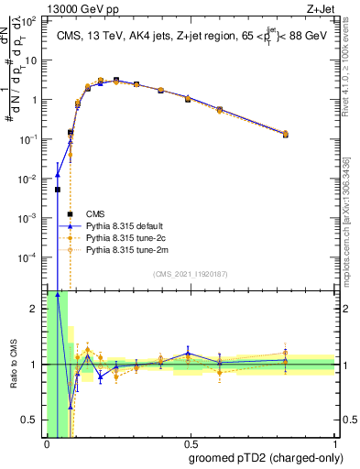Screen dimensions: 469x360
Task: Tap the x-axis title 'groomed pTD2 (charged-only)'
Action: [x=267, y=458]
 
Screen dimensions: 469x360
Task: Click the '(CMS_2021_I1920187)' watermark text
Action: [x=191, y=274]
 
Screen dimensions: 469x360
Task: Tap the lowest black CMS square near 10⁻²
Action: [x=58, y=190]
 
